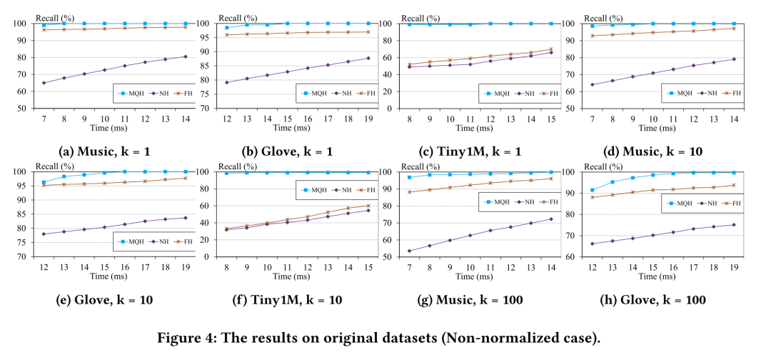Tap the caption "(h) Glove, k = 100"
pyautogui.click(x=662, y=300)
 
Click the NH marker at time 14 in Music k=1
pyautogui.click(x=185, y=56)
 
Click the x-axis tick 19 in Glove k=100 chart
pyautogui.click(x=733, y=266)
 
